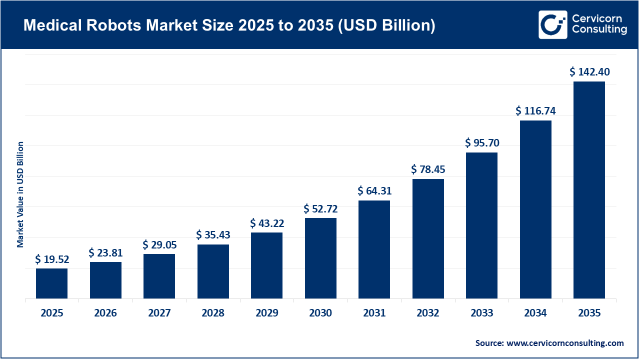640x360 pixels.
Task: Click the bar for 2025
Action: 51,283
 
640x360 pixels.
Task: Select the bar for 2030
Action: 320,258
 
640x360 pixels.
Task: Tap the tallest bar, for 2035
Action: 589,190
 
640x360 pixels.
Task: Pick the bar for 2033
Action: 481,225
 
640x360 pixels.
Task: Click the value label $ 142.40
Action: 589,72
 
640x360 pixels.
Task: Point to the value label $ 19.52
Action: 52,259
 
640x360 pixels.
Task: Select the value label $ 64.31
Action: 374,190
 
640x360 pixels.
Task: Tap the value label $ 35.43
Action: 213,234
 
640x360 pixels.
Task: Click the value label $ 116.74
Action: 535,110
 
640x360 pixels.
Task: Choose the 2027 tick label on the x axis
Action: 159,313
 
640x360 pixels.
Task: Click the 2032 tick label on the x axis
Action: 428,313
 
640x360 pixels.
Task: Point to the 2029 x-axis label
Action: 267,313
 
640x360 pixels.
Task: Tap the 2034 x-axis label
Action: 535,313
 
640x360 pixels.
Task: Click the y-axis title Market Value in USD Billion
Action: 20,194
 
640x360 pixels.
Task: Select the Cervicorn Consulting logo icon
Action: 552,24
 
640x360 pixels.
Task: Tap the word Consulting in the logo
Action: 599,30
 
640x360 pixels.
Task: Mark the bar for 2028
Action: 213,271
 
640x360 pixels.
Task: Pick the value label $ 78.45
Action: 428,169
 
